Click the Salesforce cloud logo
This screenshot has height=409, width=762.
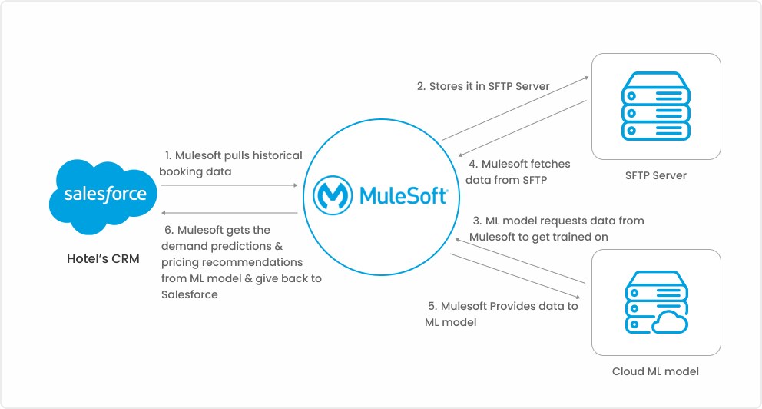click(x=103, y=197)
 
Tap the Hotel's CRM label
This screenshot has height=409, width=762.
click(x=103, y=259)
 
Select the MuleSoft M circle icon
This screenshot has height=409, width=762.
click(x=333, y=195)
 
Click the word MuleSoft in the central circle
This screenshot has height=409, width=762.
click(x=403, y=195)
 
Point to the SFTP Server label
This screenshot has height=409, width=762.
click(x=655, y=175)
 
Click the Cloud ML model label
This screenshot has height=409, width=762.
click(x=655, y=371)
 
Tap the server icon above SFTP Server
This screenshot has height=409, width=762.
click(x=655, y=106)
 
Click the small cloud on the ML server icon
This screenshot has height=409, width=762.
click(x=670, y=321)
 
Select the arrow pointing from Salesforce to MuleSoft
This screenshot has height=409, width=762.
click(x=230, y=185)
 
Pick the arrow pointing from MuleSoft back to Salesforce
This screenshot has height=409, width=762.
click(x=230, y=213)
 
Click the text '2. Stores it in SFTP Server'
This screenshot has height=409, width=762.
click(x=483, y=86)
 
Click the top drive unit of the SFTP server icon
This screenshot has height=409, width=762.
click(x=655, y=96)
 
